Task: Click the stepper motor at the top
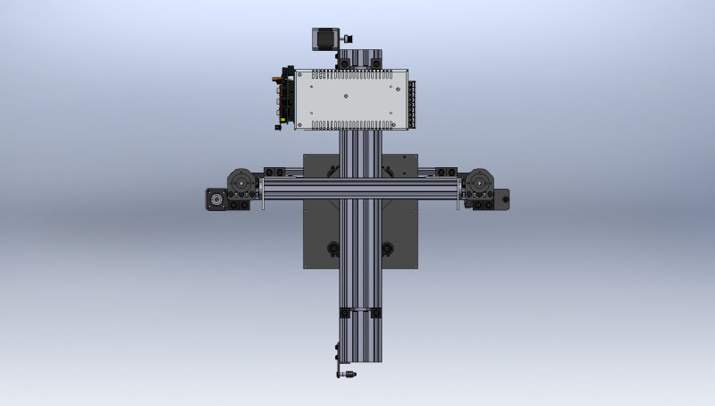(323, 38)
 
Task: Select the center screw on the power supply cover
(350, 99)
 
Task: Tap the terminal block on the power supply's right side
(413, 100)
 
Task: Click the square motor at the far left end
(215, 198)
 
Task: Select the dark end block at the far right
(501, 198)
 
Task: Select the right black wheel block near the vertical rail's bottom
(374, 312)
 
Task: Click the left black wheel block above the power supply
(345, 63)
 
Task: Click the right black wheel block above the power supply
(375, 63)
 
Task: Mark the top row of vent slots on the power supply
(350, 76)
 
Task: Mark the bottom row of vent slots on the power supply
(350, 123)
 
